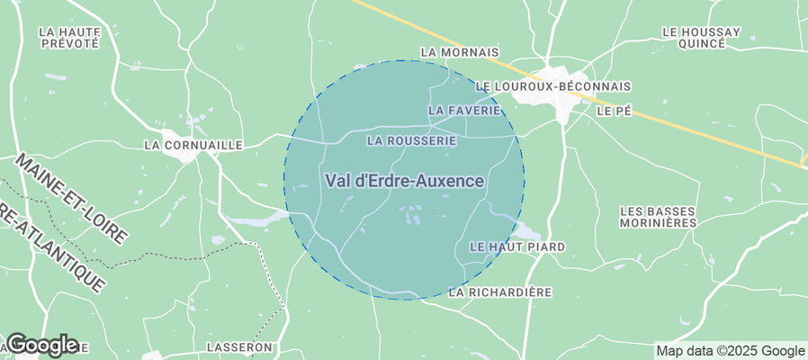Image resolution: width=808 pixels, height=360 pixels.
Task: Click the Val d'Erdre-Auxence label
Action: click(x=404, y=181)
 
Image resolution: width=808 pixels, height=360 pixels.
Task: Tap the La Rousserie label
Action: click(x=411, y=141)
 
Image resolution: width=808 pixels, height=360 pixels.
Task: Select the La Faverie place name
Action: click(x=464, y=110)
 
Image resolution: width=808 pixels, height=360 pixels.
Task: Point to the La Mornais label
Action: click(x=460, y=53)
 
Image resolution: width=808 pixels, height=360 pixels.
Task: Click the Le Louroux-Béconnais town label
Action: click(x=552, y=86)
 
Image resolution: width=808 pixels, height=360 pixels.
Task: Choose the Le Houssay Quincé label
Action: click(x=700, y=37)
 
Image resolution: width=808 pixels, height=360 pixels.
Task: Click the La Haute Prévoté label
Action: click(x=70, y=37)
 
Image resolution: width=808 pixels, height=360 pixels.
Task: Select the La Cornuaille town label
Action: click(x=193, y=144)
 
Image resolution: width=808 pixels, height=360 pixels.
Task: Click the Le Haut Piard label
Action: click(x=517, y=247)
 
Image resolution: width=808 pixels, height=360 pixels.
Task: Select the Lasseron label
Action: click(x=239, y=346)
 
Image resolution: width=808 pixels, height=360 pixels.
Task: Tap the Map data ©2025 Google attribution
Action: click(x=730, y=351)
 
